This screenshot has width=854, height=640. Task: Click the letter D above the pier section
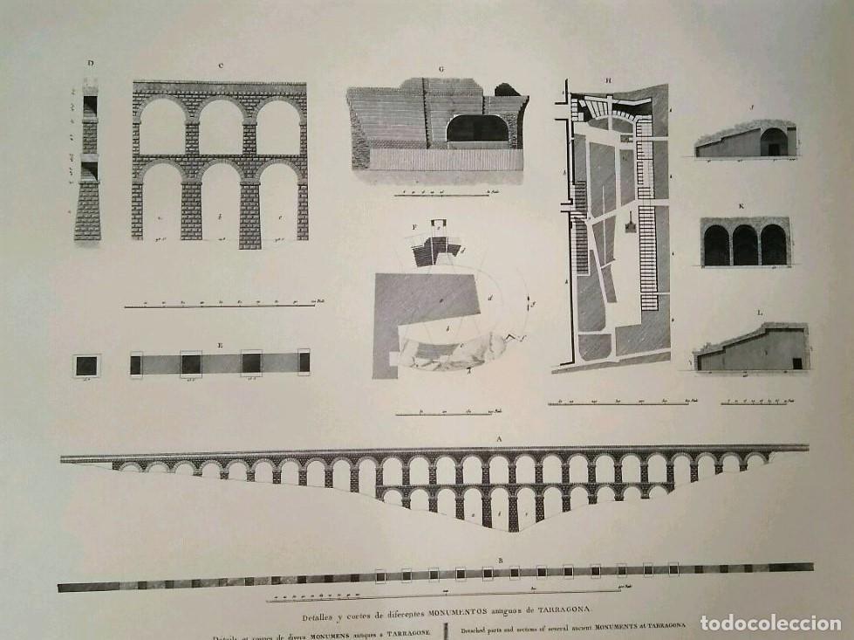click(x=90, y=62)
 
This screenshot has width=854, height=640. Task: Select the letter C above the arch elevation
click(x=222, y=65)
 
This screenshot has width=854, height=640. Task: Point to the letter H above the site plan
click(x=609, y=80)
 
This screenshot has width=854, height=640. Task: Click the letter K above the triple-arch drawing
click(x=741, y=206)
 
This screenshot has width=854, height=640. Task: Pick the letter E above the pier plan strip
click(x=220, y=345)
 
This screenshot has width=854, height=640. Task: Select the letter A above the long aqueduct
click(x=499, y=439)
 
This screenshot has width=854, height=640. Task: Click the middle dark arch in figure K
click(x=745, y=245)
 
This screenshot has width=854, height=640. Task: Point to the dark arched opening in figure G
click(x=477, y=129)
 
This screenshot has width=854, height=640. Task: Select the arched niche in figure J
click(x=773, y=142)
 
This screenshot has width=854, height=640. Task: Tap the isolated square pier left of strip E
click(x=86, y=366)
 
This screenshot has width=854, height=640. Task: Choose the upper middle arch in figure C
click(x=221, y=127)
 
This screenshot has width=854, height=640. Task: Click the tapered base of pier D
click(x=87, y=211)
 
